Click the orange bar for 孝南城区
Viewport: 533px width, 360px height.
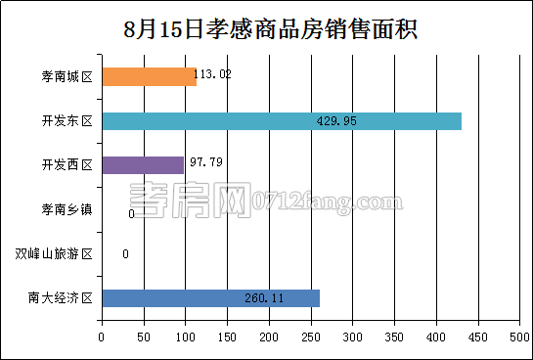(x=149, y=76)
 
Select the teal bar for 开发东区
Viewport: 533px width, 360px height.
(x=281, y=121)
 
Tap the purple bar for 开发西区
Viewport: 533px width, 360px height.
(x=142, y=165)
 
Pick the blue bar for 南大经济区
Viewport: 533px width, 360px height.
(x=210, y=298)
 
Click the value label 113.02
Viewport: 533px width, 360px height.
(x=212, y=74)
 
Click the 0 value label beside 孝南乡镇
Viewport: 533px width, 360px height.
(x=131, y=213)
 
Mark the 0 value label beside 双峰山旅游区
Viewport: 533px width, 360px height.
(x=125, y=254)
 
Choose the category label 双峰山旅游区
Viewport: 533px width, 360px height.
(x=54, y=254)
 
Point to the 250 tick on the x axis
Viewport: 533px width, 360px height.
(x=310, y=337)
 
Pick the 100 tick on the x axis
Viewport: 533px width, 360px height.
(x=185, y=337)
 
